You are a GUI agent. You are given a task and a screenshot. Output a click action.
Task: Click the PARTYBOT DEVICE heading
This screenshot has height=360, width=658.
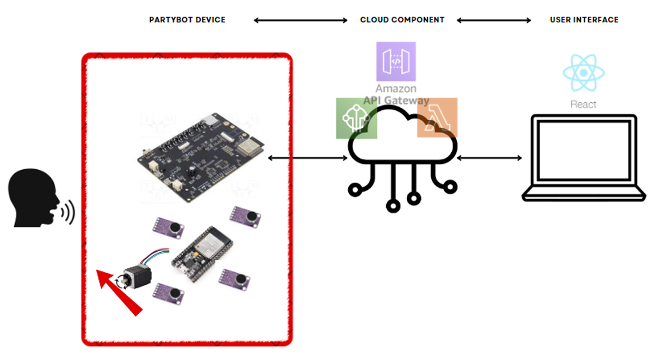coord(187,20)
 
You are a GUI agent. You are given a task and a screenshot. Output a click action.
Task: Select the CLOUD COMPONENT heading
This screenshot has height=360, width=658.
coord(402,20)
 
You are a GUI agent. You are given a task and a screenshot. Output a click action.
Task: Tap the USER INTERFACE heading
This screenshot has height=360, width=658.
coord(584,20)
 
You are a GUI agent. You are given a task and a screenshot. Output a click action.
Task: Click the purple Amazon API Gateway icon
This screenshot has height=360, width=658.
coord(396,61)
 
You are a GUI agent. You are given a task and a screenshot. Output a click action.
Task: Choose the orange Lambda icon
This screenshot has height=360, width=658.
coord(437,117)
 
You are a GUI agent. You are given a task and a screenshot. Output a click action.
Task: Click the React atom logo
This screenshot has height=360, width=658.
coord(583,73)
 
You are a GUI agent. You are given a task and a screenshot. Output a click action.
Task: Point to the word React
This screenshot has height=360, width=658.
coord(583,104)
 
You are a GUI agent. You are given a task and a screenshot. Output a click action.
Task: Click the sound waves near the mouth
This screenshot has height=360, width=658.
coord(68,213)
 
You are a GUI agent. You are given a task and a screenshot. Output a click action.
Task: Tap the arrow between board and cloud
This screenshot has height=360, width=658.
coord(308,158)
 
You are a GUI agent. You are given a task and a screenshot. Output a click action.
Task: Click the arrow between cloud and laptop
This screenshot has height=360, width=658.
coord(489,158)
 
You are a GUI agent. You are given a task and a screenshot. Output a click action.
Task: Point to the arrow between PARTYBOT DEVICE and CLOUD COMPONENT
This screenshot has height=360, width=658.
coord(300,21)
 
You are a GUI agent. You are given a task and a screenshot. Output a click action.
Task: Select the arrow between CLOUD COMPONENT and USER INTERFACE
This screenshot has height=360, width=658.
coord(494,21)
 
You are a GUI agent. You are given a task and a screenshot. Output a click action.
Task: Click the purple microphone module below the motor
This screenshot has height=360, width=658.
coord(170,292)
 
